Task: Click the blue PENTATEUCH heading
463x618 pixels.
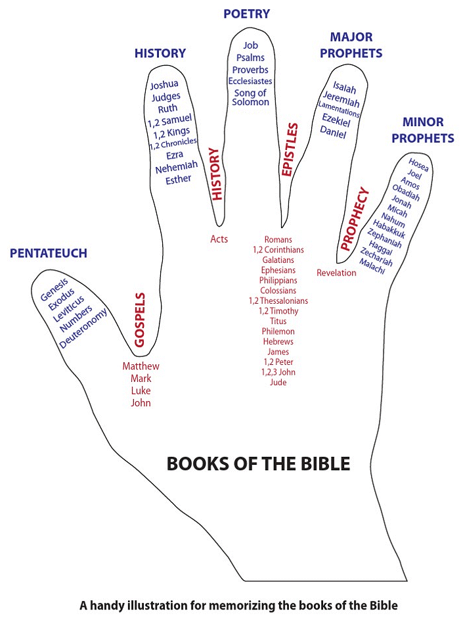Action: click(x=49, y=254)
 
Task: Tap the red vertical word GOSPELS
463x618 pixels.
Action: click(x=139, y=320)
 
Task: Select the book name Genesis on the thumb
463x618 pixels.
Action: click(x=53, y=290)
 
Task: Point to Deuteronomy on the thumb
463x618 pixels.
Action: click(x=83, y=329)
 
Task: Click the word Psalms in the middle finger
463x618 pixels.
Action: click(x=250, y=58)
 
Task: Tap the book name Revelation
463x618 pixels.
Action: click(x=336, y=273)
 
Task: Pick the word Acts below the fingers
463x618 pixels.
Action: click(x=219, y=239)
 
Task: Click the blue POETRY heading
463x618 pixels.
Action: click(x=246, y=14)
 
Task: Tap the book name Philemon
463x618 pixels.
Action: click(x=278, y=331)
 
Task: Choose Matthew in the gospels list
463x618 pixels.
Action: click(x=141, y=366)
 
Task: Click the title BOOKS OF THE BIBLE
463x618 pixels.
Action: click(x=258, y=463)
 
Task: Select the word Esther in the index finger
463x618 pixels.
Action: click(x=179, y=179)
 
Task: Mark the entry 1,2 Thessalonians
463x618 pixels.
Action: click(x=278, y=300)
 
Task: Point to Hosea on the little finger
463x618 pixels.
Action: click(x=418, y=164)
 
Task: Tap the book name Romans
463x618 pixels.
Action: click(x=278, y=239)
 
